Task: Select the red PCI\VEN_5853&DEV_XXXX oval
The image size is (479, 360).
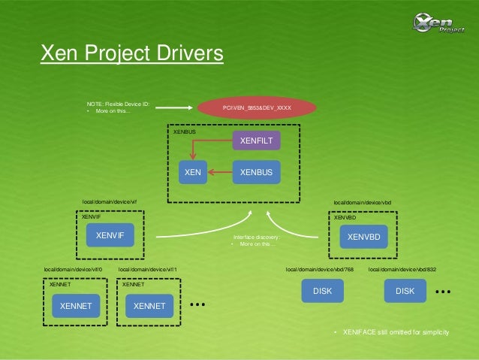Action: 257,107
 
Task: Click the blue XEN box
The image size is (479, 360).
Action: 193,173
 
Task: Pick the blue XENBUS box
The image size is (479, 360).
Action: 256,173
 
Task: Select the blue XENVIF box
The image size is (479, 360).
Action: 110,236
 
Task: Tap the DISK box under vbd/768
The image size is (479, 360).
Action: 322,290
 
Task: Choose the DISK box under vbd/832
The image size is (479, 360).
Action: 405,290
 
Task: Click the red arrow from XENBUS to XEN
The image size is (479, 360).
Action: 221,173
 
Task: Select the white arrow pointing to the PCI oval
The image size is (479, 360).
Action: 181,107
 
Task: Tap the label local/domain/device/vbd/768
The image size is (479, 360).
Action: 320,268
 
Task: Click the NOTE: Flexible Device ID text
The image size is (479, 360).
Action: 118,103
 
